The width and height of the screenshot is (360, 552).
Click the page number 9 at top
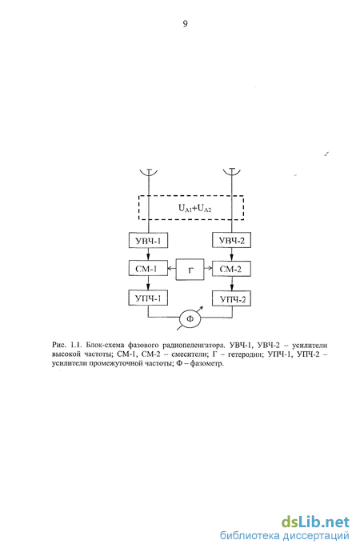tap(185, 23)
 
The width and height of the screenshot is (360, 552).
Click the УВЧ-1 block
tap(148, 241)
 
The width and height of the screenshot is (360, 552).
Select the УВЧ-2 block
tap(231, 241)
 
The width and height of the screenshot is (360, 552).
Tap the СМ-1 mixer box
tap(148, 269)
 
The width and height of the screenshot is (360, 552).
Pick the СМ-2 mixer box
tap(231, 270)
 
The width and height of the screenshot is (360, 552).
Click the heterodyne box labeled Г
tap(190, 270)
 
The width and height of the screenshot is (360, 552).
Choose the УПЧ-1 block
tap(148, 298)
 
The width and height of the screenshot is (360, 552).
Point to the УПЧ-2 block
tap(231, 299)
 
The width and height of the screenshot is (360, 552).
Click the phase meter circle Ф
tap(190, 319)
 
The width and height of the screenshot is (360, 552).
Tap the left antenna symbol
tap(149, 172)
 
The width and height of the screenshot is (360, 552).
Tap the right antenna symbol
tap(232, 172)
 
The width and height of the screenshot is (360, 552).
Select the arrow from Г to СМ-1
tap(172, 269)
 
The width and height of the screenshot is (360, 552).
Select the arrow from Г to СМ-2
tap(208, 269)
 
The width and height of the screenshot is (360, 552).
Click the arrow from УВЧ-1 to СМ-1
tap(148, 255)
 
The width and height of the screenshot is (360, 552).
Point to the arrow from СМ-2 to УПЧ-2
tap(232, 284)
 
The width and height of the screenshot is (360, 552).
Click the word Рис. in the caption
tap(58, 345)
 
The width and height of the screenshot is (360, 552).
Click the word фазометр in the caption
tap(206, 364)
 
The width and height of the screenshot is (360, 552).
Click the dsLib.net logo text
tap(315, 522)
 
